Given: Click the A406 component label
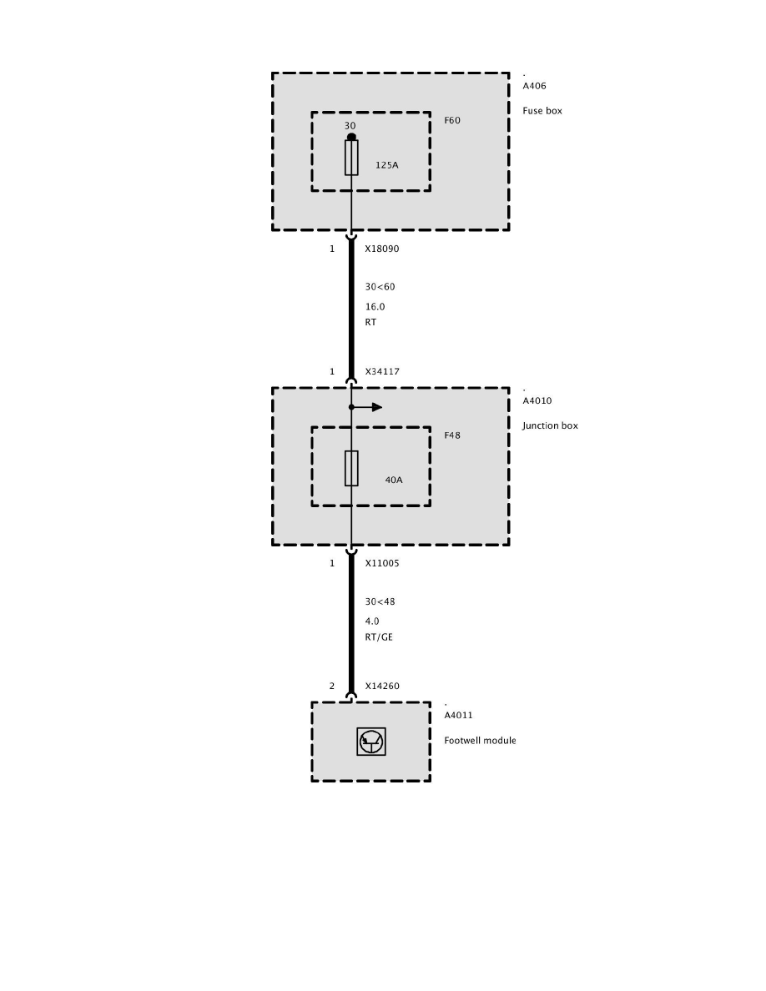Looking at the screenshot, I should [534, 86].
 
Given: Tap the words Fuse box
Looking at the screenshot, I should [542, 110].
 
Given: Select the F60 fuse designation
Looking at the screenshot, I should [451, 120].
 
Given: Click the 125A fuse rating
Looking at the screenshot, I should [386, 165].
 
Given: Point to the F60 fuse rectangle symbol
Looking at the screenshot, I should [351, 158].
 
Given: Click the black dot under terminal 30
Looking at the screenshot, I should [351, 137].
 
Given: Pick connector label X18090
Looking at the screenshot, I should [382, 249].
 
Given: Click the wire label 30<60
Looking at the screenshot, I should [380, 287].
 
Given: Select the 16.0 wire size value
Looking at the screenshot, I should [375, 307].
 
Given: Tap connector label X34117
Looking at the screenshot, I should [382, 372].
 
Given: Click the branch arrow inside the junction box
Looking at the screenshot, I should [375, 407].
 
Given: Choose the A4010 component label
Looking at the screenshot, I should [537, 400].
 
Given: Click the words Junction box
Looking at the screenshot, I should [550, 425].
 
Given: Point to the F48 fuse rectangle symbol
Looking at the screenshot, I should [351, 468].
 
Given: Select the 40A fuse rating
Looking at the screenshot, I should [393, 480].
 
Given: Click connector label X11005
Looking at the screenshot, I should [382, 563].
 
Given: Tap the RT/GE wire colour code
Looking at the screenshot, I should [379, 636].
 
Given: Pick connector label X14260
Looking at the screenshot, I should [382, 687].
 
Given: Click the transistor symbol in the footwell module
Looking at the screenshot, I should [371, 742].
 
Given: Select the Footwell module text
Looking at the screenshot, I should [480, 740].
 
